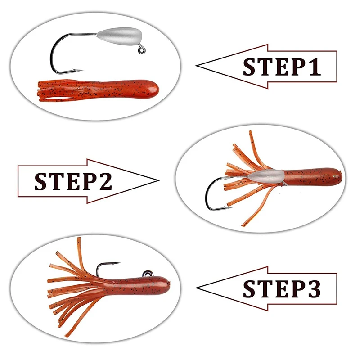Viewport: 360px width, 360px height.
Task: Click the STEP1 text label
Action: tap(282, 67)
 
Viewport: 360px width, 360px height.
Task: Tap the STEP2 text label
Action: tap(73, 181)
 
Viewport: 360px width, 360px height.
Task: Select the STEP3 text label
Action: tap(282, 289)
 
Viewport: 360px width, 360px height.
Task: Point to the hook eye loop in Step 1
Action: tap(142, 50)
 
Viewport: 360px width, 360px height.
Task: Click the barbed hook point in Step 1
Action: tap(78, 70)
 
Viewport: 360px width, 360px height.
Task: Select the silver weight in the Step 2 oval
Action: tap(266, 176)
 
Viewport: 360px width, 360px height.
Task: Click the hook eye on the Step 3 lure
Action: tap(148, 274)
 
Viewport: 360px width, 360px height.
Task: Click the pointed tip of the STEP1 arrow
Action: tap(196, 66)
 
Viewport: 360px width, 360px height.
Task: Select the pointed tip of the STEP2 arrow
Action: tap(159, 180)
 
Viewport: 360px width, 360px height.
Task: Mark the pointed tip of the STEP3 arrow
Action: tap(196, 288)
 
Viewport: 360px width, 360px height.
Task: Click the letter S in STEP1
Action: tap(250, 67)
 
